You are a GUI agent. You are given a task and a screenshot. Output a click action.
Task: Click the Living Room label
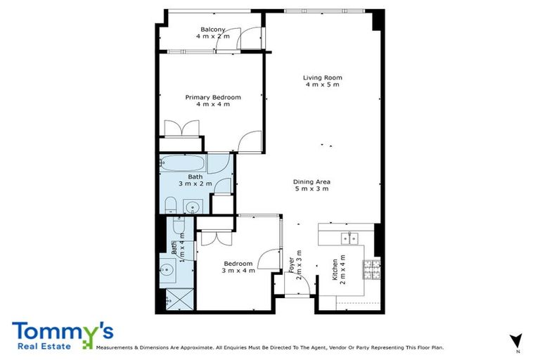tap(322, 77)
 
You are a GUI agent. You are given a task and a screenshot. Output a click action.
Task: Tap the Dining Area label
tap(311, 182)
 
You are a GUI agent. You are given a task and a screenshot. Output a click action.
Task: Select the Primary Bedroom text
tap(213, 97)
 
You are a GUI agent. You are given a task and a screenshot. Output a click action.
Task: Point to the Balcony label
tap(213, 29)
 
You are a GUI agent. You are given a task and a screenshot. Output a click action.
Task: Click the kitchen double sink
tap(348, 236)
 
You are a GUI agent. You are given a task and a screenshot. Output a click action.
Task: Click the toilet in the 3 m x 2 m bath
tap(169, 205)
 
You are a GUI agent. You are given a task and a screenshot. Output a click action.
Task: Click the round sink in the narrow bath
tap(167, 269)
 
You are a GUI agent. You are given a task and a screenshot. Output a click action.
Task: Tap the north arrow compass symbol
tap(516, 340)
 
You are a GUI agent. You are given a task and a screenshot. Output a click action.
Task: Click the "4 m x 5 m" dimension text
tap(322, 84)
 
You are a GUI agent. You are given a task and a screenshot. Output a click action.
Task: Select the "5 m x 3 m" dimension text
tap(311, 188)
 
